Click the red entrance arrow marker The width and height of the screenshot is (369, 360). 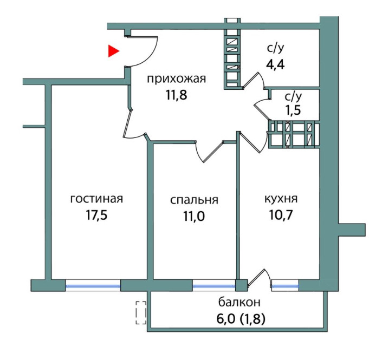tap(113, 51)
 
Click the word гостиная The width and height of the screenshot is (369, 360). tap(97, 199)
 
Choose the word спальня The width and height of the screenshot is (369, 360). tap(194, 200)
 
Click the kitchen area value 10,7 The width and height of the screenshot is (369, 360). tap(281, 215)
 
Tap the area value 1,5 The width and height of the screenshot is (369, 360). tap(293, 109)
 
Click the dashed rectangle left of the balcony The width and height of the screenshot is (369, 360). tap(141, 313)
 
